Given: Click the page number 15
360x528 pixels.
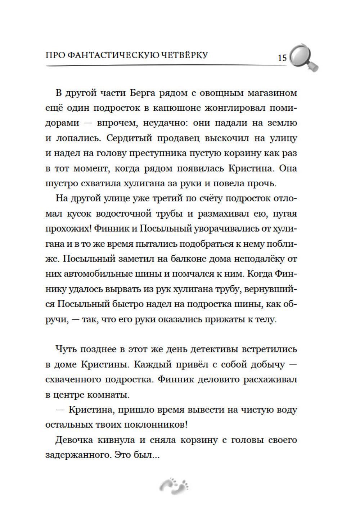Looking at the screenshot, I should click(282, 58).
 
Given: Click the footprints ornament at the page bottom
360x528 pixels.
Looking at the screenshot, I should click(175, 486).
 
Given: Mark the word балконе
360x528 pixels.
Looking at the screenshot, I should click(210, 259).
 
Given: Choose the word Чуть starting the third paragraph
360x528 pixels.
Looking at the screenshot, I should click(66, 349).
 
